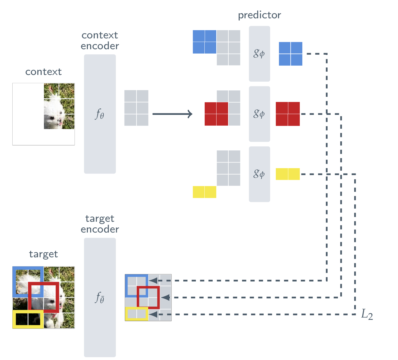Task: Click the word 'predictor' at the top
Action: point(259,15)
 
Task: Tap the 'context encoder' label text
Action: point(100,40)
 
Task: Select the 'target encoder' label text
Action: point(100,224)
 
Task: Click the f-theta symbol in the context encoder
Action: point(100,114)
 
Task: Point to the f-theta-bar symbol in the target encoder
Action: point(100,297)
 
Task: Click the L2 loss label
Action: point(367,314)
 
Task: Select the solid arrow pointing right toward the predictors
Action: point(172,114)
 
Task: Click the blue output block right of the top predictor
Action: point(291,54)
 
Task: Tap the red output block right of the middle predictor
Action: point(288,114)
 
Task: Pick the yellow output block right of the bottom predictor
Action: point(288,174)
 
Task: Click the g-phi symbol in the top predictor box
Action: point(259,53)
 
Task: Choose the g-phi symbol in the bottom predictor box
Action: point(259,174)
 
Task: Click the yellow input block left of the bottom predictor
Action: point(204,192)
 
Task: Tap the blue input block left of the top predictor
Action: point(204,42)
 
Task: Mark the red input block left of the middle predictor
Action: point(216,114)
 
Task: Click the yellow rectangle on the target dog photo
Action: point(28,319)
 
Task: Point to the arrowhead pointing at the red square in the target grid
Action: point(165,297)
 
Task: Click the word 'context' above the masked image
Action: point(43,72)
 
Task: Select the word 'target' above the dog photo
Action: point(43,254)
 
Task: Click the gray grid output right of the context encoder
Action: point(136,108)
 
